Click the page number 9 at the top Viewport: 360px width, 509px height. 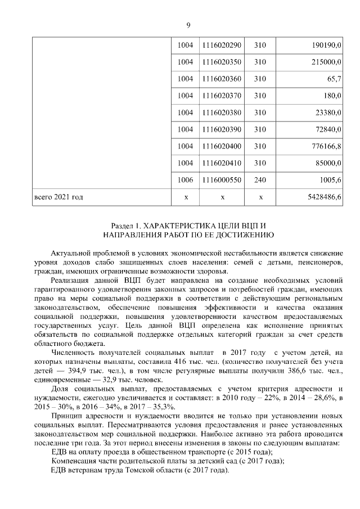point(188,24)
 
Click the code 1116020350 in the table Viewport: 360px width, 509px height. point(222,62)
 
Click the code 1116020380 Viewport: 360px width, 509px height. point(222,112)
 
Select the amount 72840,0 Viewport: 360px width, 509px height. point(327,129)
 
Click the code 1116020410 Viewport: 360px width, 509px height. point(222,163)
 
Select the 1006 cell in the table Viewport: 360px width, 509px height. point(185,181)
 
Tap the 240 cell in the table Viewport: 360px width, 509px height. point(260,181)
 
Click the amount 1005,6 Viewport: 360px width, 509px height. point(330,181)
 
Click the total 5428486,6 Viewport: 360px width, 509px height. point(323,197)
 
